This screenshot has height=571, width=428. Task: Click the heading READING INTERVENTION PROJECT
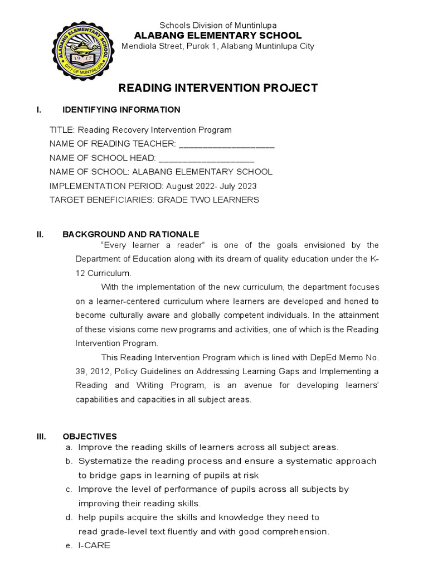(x=217, y=88)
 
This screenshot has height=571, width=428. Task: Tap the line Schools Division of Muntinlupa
(x=218, y=25)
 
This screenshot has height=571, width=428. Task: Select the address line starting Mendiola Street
(x=218, y=46)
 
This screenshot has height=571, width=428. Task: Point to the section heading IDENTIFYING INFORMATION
(x=121, y=109)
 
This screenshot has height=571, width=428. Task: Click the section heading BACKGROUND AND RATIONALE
(x=130, y=235)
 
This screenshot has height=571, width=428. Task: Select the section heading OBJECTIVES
(x=90, y=436)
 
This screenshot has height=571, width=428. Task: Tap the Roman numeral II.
(x=40, y=235)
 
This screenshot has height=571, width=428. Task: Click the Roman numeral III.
(x=41, y=436)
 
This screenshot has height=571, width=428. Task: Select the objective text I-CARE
(x=94, y=545)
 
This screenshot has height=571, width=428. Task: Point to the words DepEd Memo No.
(x=345, y=357)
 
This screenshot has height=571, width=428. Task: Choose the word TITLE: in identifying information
(x=62, y=130)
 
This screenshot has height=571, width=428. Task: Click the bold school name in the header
(x=218, y=35)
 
